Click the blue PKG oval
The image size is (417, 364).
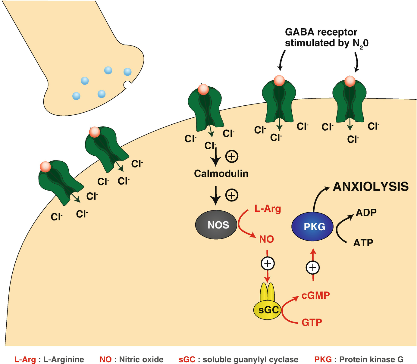pos(312,226)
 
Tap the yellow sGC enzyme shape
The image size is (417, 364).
pos(267,309)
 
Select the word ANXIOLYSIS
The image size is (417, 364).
pos(371,187)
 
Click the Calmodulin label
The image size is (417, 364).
pos(221,174)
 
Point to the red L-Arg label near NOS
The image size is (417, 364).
pos(268,208)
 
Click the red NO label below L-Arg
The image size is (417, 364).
pos(266,239)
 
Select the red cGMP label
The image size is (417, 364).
pos(315,295)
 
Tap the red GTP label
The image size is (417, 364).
pos(312,322)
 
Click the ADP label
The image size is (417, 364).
pos(366,213)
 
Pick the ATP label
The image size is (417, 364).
pos(363,242)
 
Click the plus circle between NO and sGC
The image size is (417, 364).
pos(268,264)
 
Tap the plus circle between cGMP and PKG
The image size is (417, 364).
pos(313,267)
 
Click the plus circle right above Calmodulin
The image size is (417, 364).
pos(232,157)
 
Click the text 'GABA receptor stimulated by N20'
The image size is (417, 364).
pos(326,38)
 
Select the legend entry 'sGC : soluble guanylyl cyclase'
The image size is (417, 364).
pos(238,359)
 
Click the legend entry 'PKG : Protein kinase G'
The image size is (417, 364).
pos(359,359)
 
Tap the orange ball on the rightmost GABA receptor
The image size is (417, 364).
pos(350,81)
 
